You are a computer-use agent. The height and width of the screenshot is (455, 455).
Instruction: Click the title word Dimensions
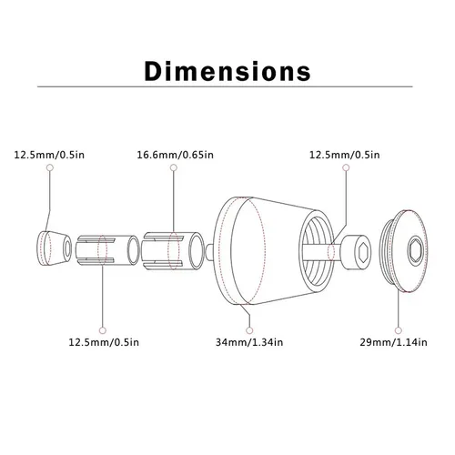[x=227, y=70]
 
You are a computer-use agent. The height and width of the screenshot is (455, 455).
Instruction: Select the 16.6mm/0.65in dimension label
[x=176, y=155]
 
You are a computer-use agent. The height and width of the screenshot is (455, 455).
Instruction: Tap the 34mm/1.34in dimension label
[x=249, y=342]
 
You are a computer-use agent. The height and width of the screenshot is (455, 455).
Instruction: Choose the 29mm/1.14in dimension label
[x=398, y=342]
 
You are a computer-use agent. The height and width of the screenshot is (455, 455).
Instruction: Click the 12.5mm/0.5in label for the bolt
[x=345, y=155]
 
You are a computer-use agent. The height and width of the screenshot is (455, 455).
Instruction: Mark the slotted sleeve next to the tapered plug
[x=102, y=248]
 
